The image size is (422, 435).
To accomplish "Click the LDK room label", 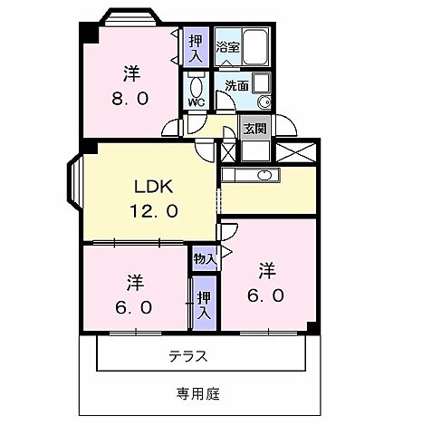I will click(153, 188).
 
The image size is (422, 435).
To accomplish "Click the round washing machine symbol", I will click(264, 102).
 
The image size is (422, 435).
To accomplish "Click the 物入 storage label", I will click(204, 259).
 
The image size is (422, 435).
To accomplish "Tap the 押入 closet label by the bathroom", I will click(196, 44).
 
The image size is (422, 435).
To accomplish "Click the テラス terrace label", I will click(187, 356).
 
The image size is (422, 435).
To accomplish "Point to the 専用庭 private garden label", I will click(197, 394).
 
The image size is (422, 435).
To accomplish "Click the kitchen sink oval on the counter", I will click(266, 175).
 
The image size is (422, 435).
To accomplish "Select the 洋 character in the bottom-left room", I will click(135, 282).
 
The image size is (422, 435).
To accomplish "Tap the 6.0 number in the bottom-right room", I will click(266, 295).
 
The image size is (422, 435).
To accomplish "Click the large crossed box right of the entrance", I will click(302, 152).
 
